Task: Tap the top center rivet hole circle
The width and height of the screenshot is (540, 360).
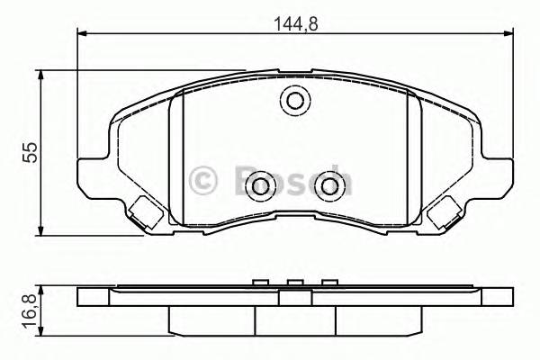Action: (x=294, y=102)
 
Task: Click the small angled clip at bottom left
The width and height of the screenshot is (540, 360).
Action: (x=143, y=213)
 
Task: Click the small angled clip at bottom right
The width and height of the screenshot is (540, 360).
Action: (x=444, y=213)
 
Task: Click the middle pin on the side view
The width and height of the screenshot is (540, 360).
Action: (x=293, y=284)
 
